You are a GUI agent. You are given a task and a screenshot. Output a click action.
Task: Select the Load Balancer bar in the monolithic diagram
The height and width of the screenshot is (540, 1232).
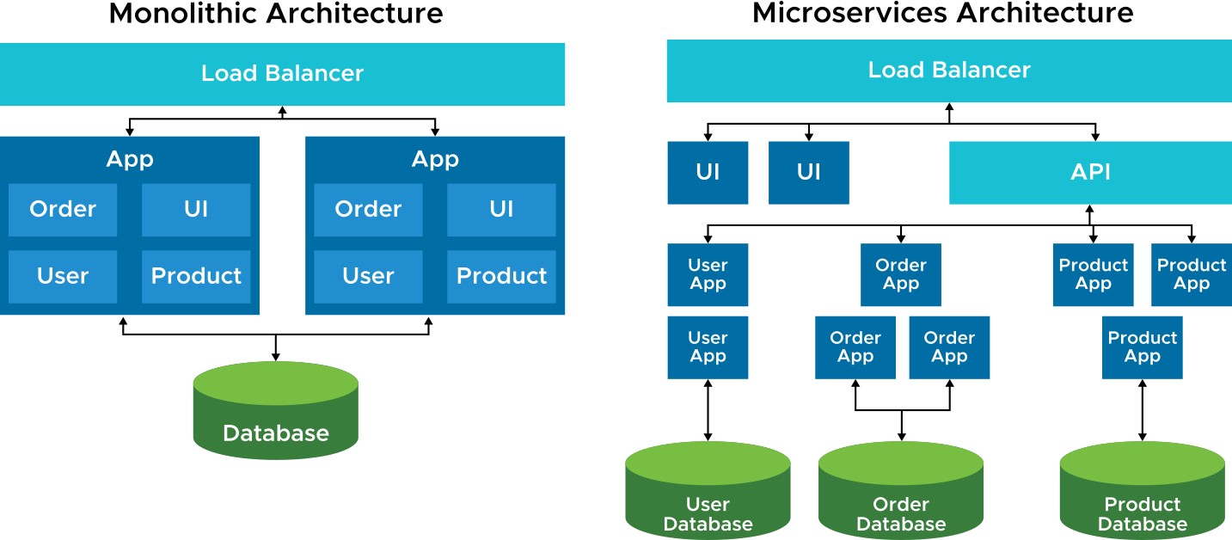coord(282,74)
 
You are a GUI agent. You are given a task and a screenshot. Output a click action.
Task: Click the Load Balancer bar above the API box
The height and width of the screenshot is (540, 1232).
coord(949,71)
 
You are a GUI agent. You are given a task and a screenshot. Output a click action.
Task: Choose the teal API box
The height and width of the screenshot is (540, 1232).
coord(1091,173)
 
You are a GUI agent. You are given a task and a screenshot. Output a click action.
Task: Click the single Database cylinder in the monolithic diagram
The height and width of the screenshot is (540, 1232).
coord(276,410)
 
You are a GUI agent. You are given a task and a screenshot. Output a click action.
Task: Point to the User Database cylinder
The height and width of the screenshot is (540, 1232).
coord(708,490)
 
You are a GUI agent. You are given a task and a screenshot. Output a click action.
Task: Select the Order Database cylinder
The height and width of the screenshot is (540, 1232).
coord(901,490)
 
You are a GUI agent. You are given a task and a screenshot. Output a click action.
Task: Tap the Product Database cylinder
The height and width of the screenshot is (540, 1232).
coord(1143,490)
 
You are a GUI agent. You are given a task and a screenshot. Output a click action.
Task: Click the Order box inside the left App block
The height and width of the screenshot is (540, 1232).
coord(63,210)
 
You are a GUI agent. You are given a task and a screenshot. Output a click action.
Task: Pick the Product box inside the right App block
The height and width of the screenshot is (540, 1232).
coord(501,277)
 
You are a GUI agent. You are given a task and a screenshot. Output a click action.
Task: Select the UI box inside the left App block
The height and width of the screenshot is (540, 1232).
coord(196,210)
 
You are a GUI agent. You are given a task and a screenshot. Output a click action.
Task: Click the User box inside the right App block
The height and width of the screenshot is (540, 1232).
coord(369,277)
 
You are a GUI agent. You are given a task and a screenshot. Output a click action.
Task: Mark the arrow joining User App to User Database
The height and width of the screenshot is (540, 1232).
coord(708,410)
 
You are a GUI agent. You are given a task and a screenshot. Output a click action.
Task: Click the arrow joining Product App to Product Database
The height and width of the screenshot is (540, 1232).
coord(1143,410)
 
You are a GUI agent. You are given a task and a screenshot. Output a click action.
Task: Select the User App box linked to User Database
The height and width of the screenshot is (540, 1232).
coord(708,347)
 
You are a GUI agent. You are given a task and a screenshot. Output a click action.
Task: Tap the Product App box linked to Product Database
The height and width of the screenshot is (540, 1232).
coord(1143,347)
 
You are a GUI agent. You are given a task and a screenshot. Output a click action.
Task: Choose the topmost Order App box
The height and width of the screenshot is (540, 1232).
coord(901,274)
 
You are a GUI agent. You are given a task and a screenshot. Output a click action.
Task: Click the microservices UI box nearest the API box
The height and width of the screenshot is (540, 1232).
coord(808,173)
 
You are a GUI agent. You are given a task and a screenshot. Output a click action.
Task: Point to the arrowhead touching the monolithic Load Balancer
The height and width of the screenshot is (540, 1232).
coord(282,110)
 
